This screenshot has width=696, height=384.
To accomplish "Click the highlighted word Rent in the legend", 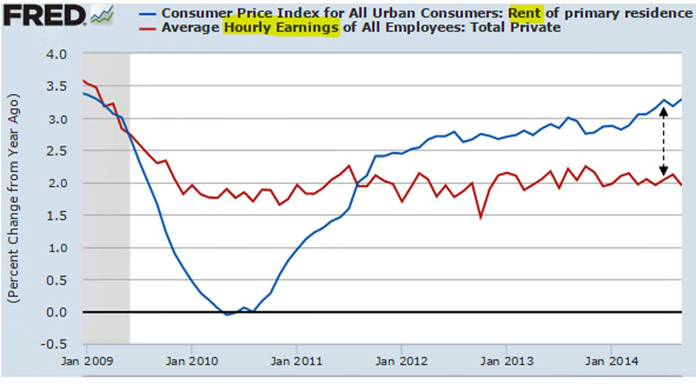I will coord(525,12).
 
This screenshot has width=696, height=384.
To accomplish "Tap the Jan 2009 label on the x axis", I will coord(86,361).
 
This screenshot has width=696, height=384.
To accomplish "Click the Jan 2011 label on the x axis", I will coord(296,361).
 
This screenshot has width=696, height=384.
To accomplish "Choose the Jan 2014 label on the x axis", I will coord(611,361).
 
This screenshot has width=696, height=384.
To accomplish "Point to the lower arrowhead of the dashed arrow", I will coord(664,172).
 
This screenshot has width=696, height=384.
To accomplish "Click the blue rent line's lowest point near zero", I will coord(227,314).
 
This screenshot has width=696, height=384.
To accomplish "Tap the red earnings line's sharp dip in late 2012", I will coord(481,218).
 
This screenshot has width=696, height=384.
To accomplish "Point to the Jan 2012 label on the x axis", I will coord(401,361).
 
